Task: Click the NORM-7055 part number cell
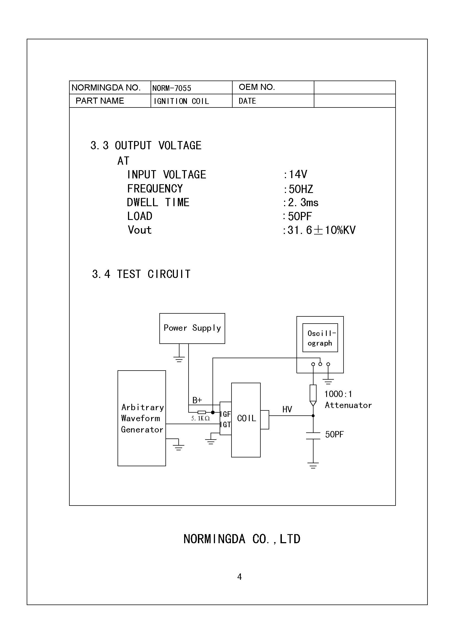pos(171,88)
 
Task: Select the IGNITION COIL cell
pos(181,101)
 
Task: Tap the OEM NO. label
pos(257,87)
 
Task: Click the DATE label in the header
pos(247,101)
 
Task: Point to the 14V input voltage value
pos(298,175)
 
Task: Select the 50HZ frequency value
pos(301,189)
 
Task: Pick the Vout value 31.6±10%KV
pos(321,230)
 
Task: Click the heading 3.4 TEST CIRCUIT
pos(141,274)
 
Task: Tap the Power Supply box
pos(192,328)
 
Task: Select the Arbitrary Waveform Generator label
pos(142,418)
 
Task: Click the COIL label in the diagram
pos(246,418)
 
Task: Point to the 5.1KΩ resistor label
pos(200,418)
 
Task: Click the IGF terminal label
pos(225,414)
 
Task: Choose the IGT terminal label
pos(225,425)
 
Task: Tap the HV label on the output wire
pos(287,409)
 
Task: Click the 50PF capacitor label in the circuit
pos(334,434)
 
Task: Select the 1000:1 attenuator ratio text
pos(338,394)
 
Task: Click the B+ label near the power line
pos(197,400)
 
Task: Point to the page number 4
pos(239,577)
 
